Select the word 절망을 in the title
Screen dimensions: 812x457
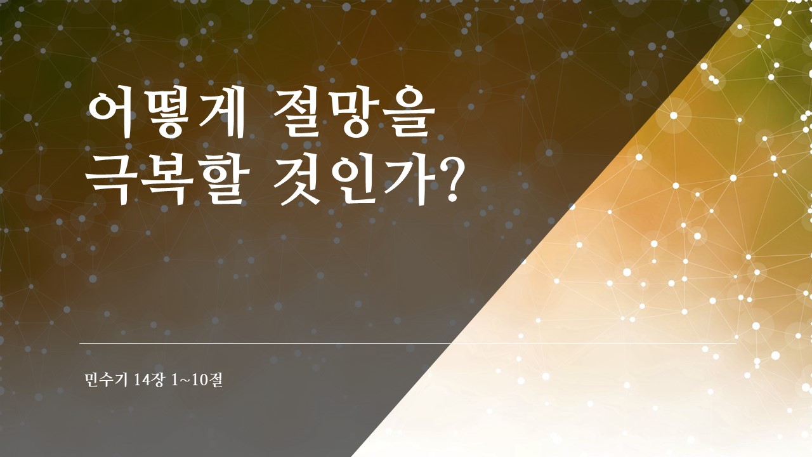click(x=354, y=113)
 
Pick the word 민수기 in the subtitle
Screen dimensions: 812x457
click(x=105, y=380)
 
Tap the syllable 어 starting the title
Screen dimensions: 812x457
click(x=112, y=113)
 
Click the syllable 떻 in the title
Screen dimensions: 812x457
click(x=167, y=113)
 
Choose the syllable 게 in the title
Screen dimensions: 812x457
click(x=221, y=113)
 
